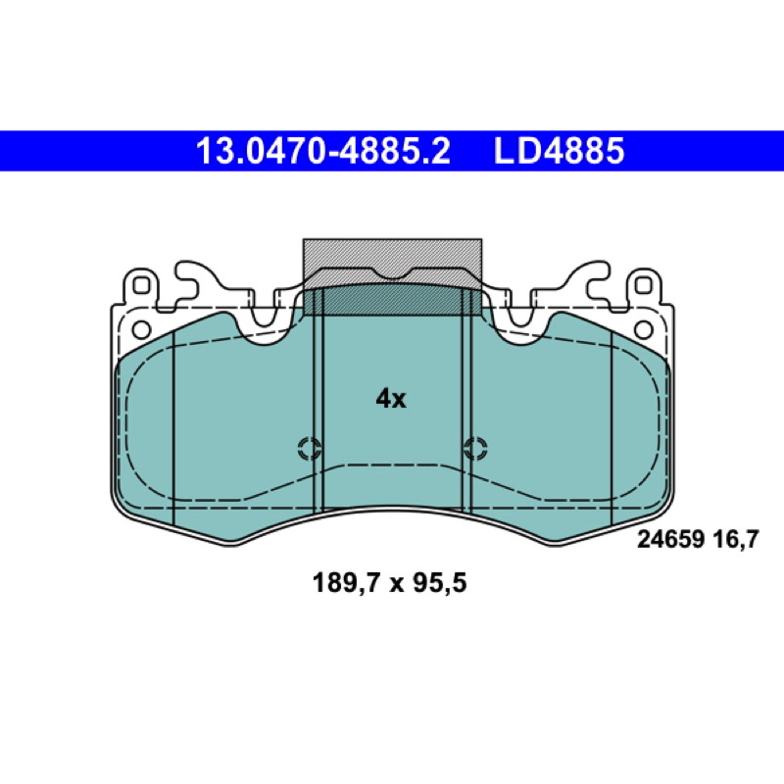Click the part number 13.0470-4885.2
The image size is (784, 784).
click(323, 151)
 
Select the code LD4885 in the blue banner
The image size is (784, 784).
click(559, 151)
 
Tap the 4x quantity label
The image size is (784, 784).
click(391, 399)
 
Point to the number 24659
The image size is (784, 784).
click(670, 540)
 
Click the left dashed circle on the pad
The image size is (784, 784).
click(310, 448)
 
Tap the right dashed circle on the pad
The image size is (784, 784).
click(475, 448)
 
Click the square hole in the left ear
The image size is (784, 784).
click(140, 285)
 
